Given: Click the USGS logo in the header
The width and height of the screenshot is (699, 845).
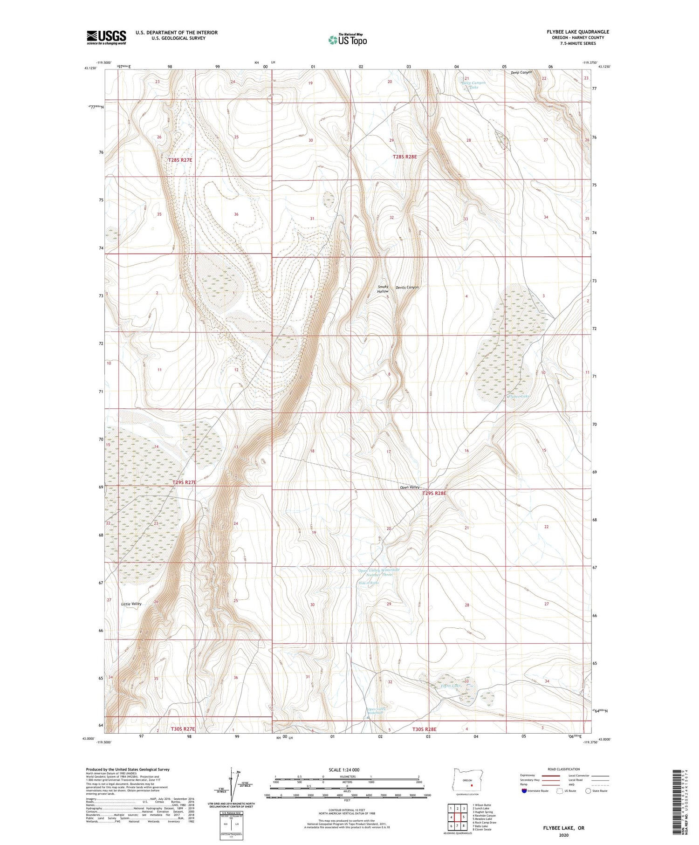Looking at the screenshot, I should (106, 37).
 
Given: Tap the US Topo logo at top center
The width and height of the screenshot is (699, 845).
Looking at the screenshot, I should (348, 40).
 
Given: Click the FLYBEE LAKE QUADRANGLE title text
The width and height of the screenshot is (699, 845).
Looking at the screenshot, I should (578, 32).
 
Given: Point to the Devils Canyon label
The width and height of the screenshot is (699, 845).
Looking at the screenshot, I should (407, 287).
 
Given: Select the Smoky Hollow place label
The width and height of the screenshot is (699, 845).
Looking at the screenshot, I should (383, 289).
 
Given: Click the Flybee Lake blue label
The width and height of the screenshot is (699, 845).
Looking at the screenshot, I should (519, 396).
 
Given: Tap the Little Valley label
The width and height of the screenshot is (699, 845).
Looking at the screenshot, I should (131, 604).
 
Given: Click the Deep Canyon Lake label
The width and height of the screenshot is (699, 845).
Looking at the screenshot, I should (473, 85).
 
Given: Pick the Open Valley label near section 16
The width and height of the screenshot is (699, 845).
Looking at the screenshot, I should (410, 488).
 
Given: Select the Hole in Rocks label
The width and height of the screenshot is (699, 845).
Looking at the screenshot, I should (369, 583).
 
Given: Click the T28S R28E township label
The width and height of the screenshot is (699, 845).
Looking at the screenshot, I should (404, 157).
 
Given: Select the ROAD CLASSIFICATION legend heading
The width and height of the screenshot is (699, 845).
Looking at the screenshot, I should (564, 769).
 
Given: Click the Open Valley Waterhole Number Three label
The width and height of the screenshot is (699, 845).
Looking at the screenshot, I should (378, 572).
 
